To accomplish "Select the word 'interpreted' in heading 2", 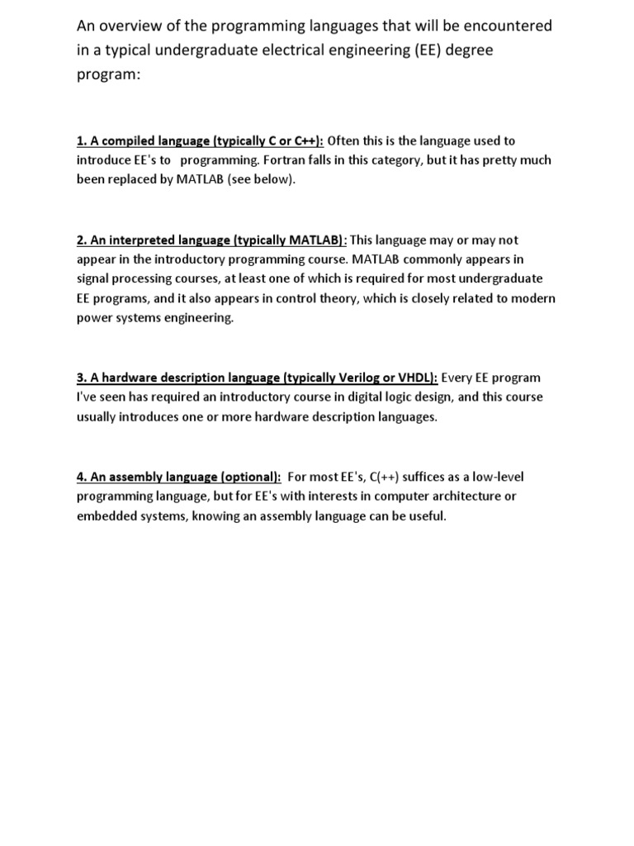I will tap(136, 240).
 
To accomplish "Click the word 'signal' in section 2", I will tap(92, 278).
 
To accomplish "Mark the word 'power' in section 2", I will tap(93, 317).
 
